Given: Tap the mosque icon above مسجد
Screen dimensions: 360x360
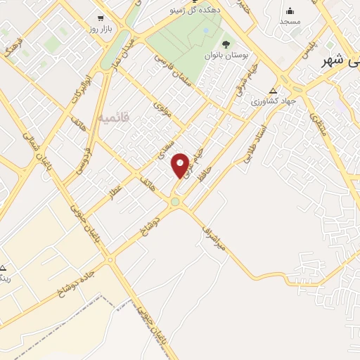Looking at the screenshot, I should (290, 11).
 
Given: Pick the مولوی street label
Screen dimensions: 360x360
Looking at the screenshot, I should (167, 110).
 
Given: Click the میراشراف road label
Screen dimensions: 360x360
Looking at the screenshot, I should (212, 238).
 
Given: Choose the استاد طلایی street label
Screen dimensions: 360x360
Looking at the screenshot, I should (255, 145).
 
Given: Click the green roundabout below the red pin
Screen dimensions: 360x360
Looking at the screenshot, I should (174, 202).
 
